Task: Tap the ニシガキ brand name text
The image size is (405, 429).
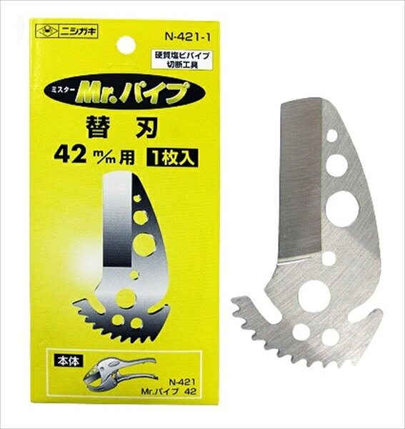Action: (x=78, y=32)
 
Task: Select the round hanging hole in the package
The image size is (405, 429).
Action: (x=126, y=45)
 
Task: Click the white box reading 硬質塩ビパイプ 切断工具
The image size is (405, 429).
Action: (x=186, y=60)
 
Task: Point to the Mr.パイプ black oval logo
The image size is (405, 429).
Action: (x=124, y=94)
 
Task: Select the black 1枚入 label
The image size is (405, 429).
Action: (x=172, y=157)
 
